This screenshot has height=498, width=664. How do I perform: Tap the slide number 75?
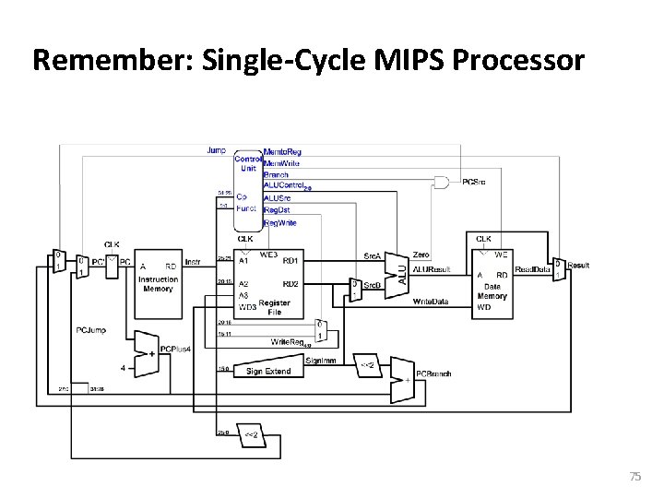[634, 476]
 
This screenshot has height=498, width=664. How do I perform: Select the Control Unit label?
[247, 163]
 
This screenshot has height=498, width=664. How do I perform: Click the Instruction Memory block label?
[158, 283]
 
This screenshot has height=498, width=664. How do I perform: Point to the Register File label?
[275, 307]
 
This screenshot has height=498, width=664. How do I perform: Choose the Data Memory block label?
[492, 291]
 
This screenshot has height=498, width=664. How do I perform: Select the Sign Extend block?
[267, 371]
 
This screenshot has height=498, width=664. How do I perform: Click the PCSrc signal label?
[476, 182]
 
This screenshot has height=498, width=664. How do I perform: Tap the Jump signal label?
[216, 149]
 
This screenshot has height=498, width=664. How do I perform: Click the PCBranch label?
[433, 373]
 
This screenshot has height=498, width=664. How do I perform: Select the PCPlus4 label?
[175, 349]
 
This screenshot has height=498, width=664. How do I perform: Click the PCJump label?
[88, 328]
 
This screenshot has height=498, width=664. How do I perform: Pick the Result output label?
[578, 265]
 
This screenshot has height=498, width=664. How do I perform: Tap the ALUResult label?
[432, 268]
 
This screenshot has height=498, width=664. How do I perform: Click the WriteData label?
[431, 302]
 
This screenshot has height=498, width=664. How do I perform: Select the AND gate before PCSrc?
[443, 181]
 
